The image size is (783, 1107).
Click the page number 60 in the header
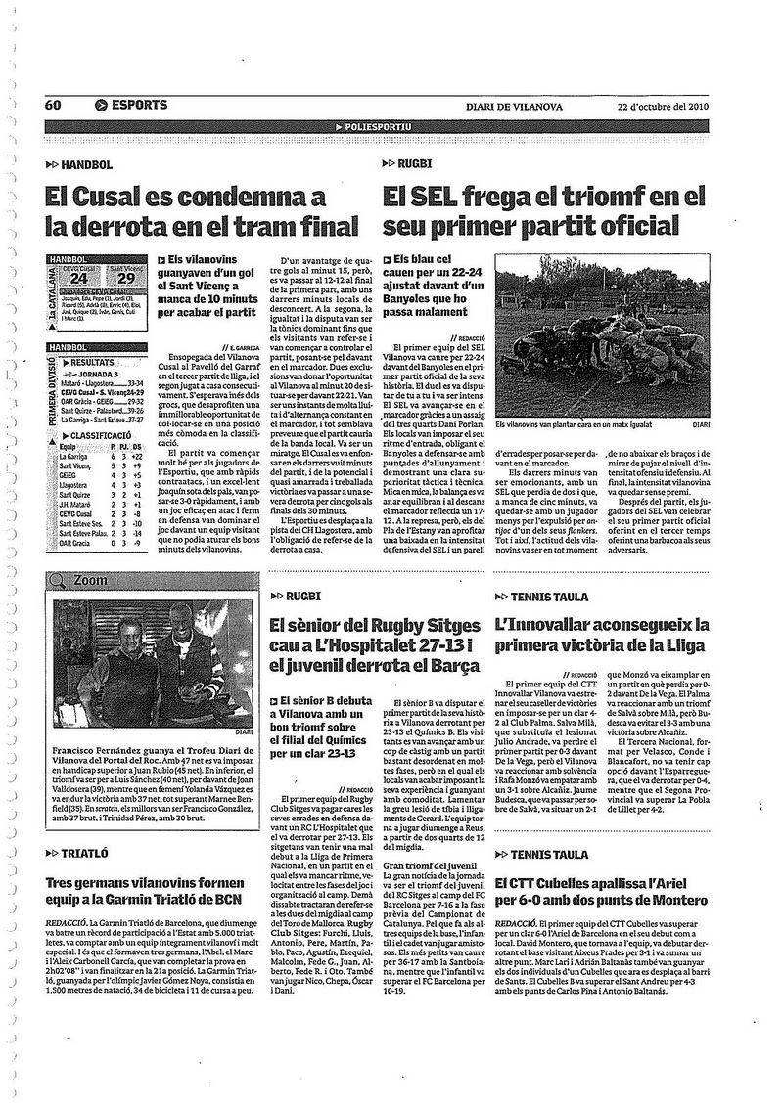pos(52,106)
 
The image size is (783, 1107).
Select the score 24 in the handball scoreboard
pos(79,278)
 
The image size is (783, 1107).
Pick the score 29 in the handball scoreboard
pos(125,278)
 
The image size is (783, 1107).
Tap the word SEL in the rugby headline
pos(437,197)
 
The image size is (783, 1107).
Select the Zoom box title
pos(91,579)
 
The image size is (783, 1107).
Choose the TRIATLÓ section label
pos(83,853)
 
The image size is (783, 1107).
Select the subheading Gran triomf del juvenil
pos(428,837)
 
